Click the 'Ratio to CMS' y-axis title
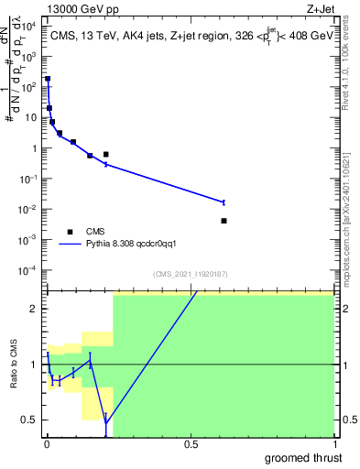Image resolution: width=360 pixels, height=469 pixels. (14, 365)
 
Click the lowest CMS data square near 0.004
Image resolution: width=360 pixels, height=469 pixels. (224, 221)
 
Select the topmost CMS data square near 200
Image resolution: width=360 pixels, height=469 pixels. (48, 79)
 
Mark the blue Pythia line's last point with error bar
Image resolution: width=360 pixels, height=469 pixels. (224, 202)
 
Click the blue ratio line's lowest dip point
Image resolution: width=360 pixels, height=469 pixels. (106, 422)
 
